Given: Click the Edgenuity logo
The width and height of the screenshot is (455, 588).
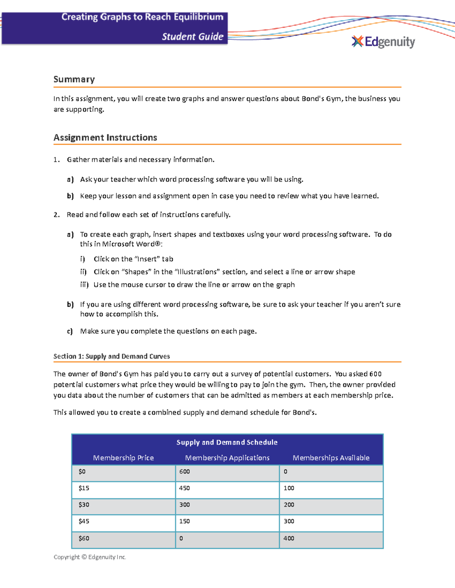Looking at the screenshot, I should point(383,42).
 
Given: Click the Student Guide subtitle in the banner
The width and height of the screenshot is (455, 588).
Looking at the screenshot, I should point(193,37).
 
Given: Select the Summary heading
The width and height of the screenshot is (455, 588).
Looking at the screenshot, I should point(74,80).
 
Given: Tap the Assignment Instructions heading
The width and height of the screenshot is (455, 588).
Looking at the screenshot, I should point(105,137).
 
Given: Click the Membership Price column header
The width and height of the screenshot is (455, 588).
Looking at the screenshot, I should point(123,458).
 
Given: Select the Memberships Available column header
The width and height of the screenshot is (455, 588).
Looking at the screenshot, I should point(331,458).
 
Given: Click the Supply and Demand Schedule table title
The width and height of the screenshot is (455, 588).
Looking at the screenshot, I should point(227,442).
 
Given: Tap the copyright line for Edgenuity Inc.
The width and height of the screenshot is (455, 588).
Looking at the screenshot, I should point(89,557).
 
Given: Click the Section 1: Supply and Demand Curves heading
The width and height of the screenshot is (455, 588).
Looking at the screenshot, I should point(111,356).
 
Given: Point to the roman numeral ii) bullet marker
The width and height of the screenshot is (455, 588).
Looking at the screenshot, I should point(83,272).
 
